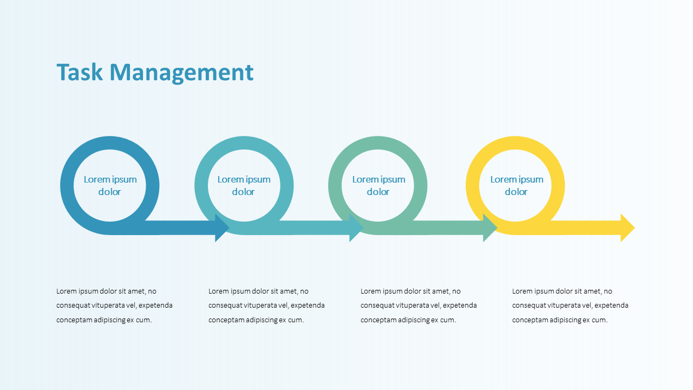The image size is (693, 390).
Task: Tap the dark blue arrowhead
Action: point(223,228)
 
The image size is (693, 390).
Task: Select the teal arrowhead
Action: point(356,228)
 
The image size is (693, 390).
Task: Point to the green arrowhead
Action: point(490,228)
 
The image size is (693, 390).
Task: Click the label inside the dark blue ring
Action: point(110,185)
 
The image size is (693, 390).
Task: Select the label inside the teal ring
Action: point(244,185)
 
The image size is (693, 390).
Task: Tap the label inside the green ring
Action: point(378,185)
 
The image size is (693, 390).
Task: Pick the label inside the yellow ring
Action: point(517,185)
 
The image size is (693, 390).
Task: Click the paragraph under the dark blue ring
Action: point(114,305)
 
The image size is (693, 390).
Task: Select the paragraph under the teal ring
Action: point(266,305)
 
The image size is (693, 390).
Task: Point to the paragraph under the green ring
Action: point(419,305)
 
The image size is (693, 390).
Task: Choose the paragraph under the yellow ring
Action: point(570,305)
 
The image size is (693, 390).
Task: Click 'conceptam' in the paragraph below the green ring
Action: point(378,320)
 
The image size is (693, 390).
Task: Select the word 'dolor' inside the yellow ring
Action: point(516,192)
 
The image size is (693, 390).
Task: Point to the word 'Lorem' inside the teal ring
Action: point(230,179)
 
